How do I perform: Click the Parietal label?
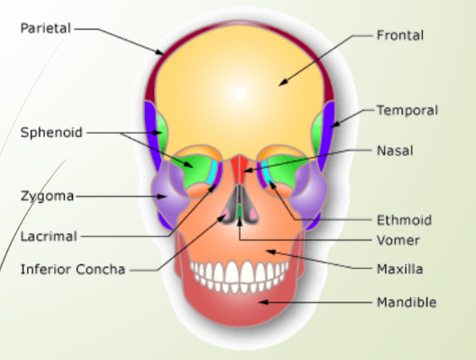[x=45, y=28]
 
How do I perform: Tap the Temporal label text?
[x=407, y=111]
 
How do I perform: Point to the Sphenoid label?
[x=51, y=133]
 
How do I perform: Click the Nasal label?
[x=395, y=150]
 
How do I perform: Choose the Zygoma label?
[x=47, y=196]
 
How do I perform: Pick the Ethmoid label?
[x=403, y=219]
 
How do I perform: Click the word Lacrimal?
[x=49, y=236]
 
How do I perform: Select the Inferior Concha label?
[x=74, y=269]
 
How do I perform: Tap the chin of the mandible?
[x=239, y=311]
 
